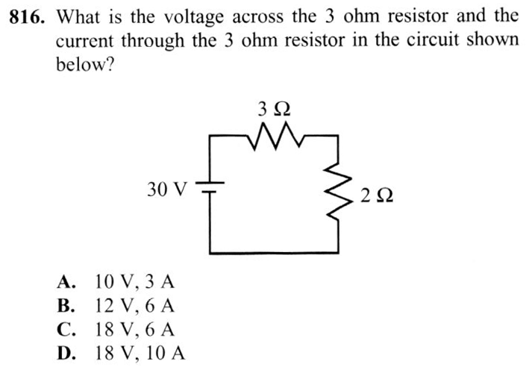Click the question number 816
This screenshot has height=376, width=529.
(x=27, y=17)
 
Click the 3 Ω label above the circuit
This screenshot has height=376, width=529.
(x=274, y=109)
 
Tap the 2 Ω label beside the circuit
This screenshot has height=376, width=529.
(x=377, y=195)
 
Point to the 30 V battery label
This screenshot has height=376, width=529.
(x=166, y=189)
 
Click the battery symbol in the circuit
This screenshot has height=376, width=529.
(x=210, y=187)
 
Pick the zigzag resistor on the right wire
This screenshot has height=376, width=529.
(x=338, y=191)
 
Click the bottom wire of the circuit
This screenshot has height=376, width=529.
(x=274, y=253)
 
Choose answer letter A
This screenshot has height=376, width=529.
(x=66, y=282)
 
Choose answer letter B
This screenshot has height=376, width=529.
(x=66, y=306)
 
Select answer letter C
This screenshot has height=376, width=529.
(x=66, y=330)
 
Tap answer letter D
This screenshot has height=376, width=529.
(x=66, y=353)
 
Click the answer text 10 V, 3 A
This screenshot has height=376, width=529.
(x=135, y=283)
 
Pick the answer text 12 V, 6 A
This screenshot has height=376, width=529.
(x=135, y=307)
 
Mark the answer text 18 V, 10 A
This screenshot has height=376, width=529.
(x=140, y=354)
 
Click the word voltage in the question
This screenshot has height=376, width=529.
(x=194, y=18)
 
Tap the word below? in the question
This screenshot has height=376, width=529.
(x=85, y=64)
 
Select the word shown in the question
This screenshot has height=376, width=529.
(x=492, y=40)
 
